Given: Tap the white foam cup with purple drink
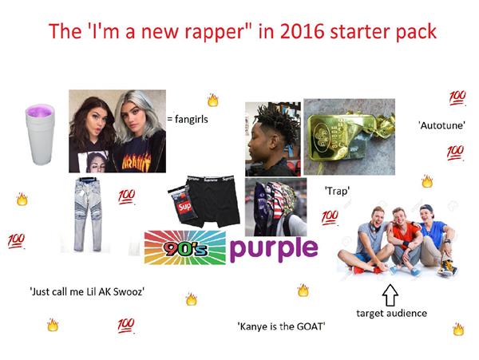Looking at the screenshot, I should (x=39, y=135).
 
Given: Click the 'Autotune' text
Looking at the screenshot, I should (x=441, y=125).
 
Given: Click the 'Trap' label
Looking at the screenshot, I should (x=337, y=192).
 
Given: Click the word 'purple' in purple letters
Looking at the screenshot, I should (x=273, y=247).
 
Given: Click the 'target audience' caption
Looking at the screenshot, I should (x=391, y=314).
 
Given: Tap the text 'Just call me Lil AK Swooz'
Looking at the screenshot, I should (x=86, y=291).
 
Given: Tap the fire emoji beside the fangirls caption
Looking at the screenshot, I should (x=212, y=101).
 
